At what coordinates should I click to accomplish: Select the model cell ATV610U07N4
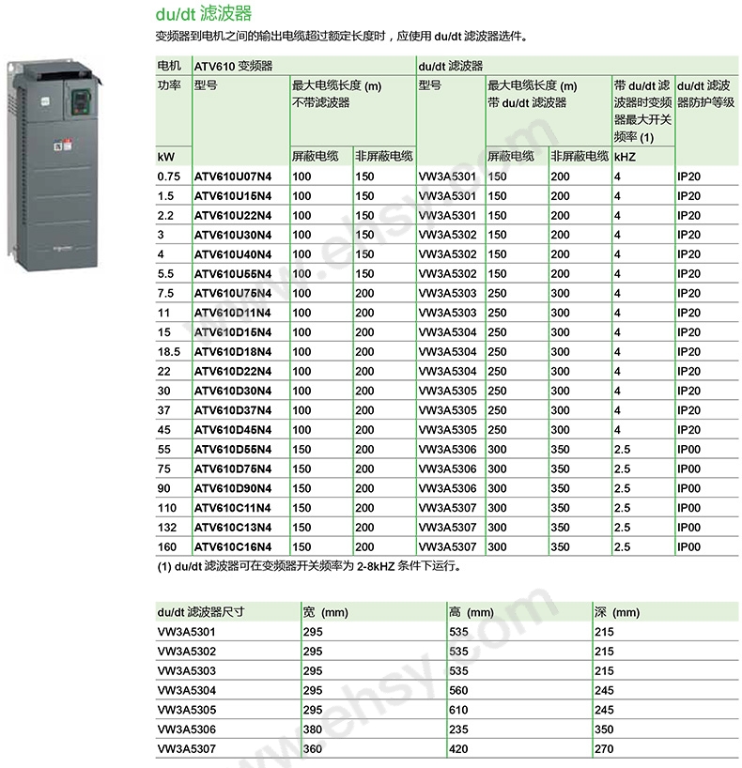coord(232,177)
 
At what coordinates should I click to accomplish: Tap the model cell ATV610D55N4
coord(232,450)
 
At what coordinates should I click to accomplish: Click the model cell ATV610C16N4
coord(232,547)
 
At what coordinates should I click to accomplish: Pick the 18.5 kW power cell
coord(169,352)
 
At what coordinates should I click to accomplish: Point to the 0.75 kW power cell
coord(169,177)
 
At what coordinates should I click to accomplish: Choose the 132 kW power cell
coord(167,528)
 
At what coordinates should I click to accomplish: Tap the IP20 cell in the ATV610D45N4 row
coord(688,430)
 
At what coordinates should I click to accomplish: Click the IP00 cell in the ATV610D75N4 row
coord(688,469)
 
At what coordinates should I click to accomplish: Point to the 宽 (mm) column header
coord(325,613)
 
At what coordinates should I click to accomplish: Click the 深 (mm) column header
coord(617,613)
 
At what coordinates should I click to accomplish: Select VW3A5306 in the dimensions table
coord(188,730)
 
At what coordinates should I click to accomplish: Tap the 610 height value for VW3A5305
coord(458,710)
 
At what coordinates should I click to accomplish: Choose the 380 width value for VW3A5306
coord(312,730)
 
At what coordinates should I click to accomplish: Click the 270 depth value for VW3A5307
coord(604,749)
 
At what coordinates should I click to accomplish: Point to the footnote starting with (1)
coord(309,566)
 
